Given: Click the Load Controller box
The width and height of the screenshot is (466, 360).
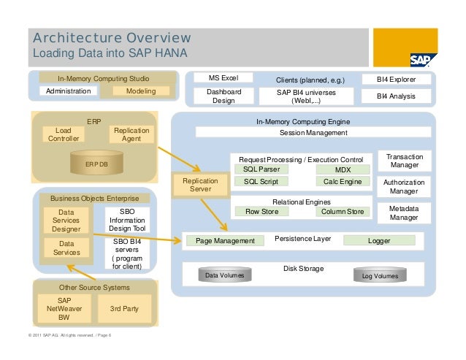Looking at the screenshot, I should (64, 134).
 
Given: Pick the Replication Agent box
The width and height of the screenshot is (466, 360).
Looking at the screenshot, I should (131, 134).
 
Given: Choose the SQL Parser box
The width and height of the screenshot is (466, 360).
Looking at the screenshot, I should (261, 169).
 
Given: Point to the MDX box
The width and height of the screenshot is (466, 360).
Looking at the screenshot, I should (343, 169).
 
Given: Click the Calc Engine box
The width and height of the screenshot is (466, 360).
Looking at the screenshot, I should (343, 181).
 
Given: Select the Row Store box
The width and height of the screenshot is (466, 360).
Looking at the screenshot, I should (261, 212).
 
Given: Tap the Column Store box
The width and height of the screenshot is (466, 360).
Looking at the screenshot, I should (343, 212).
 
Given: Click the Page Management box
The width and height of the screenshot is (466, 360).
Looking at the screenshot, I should (221, 240).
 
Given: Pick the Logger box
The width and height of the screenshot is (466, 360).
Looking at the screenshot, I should (379, 240).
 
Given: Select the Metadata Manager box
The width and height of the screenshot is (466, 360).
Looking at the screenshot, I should (404, 212).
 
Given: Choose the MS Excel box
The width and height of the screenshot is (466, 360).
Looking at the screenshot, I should (220, 78).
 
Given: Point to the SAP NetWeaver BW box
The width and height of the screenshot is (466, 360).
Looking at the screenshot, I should (64, 309).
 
